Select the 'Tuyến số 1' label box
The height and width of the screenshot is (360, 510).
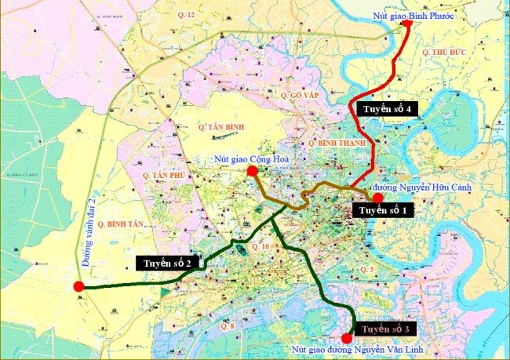click(x=384, y=210)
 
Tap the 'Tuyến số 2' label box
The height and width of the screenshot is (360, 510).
click(x=169, y=263)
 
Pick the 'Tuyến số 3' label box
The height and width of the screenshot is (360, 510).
click(x=386, y=328)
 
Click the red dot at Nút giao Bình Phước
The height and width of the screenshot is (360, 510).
click(x=407, y=24)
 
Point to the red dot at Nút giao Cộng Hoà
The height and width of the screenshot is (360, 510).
click(x=252, y=171)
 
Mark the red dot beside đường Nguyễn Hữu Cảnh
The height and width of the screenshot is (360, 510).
click(x=377, y=198)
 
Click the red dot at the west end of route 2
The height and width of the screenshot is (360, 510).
click(x=78, y=286)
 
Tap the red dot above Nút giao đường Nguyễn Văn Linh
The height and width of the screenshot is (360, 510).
click(x=347, y=338)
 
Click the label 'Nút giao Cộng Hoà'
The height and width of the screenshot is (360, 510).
click(x=253, y=159)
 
